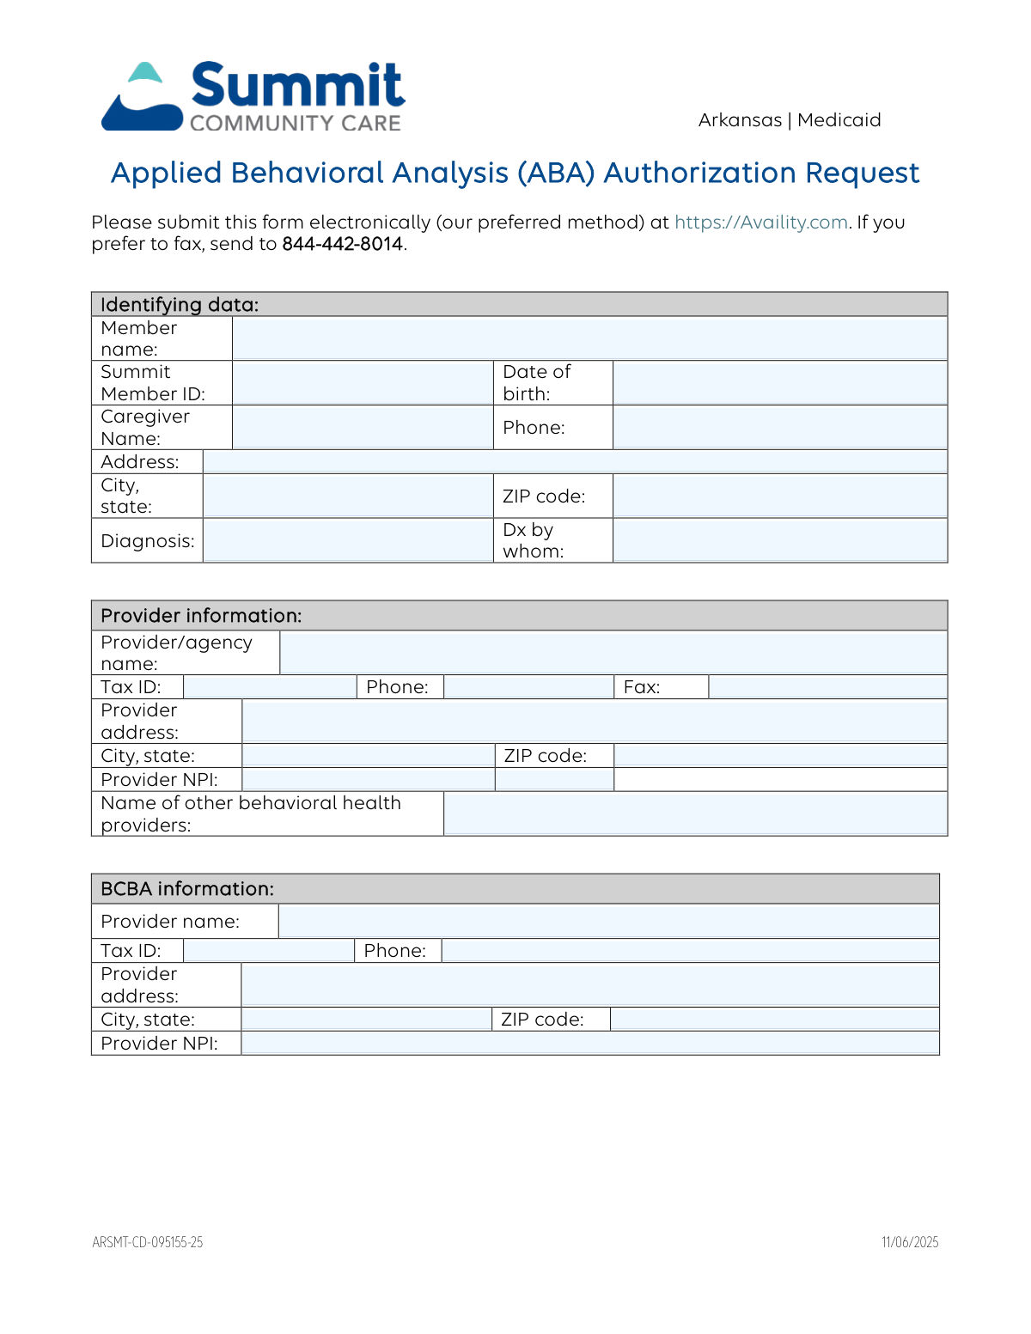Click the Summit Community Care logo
[253, 97]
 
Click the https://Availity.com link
[761, 222]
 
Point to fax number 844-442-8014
[343, 244]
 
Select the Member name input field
[589, 338]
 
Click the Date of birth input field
[779, 383]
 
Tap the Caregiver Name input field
[363, 428]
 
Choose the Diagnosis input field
[348, 540]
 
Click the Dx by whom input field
[779, 540]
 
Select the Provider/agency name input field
[613, 653]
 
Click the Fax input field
[827, 687]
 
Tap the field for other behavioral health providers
[694, 813]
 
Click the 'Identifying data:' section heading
[180, 305]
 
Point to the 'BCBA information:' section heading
[187, 889]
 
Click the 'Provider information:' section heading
[201, 616]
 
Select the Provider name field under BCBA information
[608, 922]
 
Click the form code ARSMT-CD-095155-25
[148, 1242]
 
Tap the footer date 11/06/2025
[910, 1242]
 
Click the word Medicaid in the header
[839, 120]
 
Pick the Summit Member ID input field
[363, 383]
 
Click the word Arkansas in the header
[740, 120]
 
